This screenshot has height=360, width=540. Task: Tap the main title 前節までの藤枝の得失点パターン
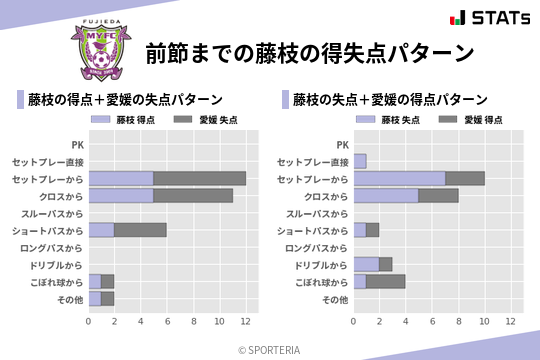[x=308, y=51]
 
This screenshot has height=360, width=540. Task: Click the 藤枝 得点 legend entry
[x=125, y=120]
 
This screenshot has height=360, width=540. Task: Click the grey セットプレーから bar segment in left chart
[x=200, y=178]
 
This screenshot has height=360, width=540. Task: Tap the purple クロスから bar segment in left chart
[x=121, y=195]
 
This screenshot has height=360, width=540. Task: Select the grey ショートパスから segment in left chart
[x=141, y=230]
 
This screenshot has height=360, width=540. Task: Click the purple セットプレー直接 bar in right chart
[x=360, y=161]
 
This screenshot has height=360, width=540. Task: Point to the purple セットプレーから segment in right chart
[x=399, y=178]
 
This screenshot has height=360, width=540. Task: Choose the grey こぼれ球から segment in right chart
[x=386, y=281]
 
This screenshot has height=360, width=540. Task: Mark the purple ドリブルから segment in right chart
[x=366, y=264]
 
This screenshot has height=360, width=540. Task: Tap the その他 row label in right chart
[x=335, y=298]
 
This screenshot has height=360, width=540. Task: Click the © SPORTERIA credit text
[x=270, y=349]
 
